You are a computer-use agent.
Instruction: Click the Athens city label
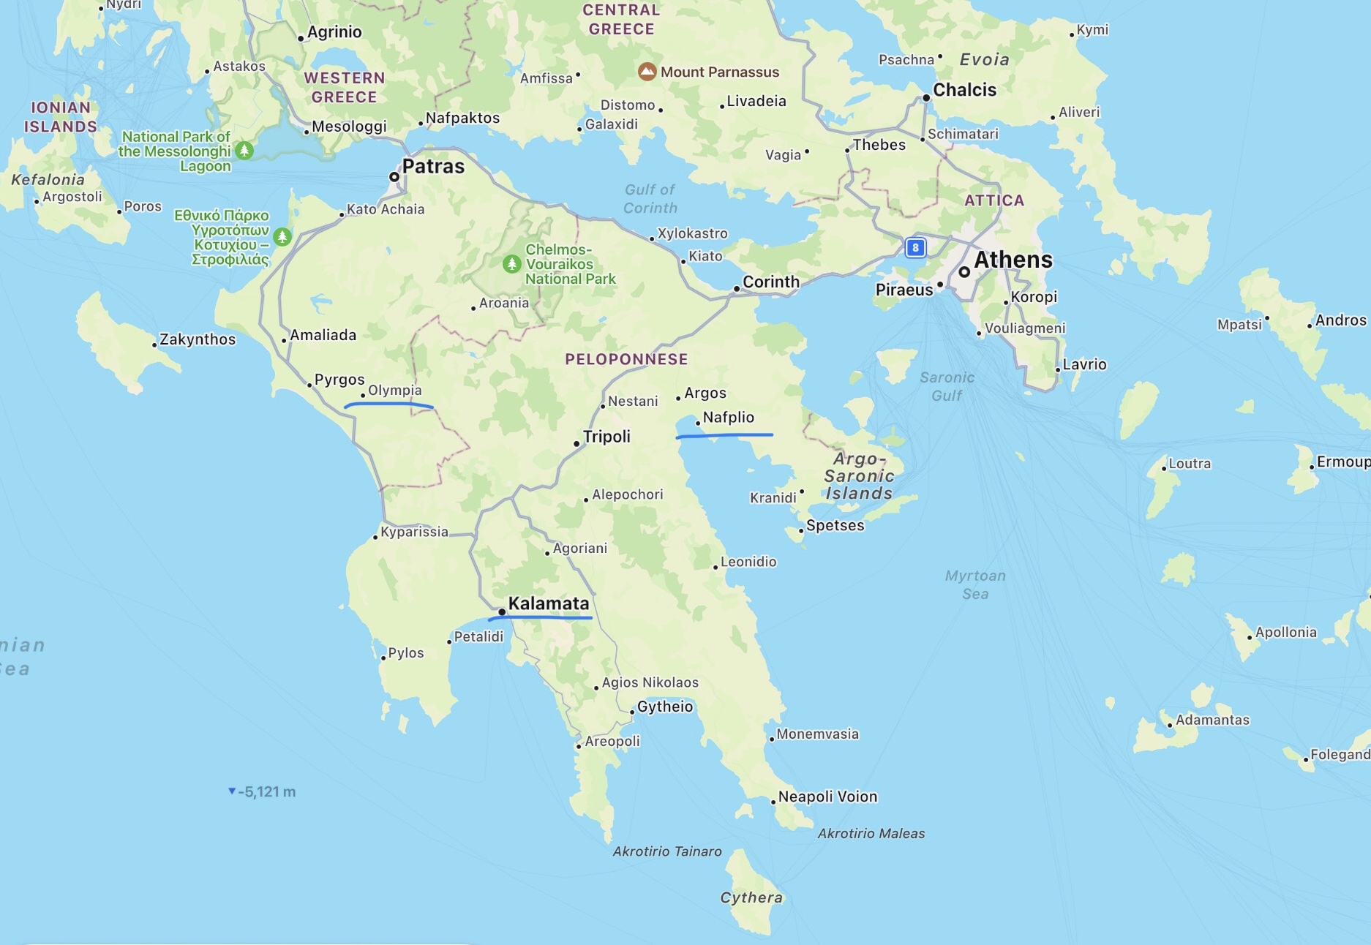tap(1013, 260)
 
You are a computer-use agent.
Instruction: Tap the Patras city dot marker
tap(394, 176)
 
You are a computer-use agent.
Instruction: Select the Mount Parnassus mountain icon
tap(647, 72)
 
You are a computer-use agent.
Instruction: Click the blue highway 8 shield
tap(915, 247)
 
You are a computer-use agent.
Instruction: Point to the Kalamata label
tap(548, 603)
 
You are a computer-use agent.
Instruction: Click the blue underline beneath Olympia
tap(388, 404)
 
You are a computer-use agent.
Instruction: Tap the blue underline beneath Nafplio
tap(724, 435)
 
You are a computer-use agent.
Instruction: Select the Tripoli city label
tap(606, 437)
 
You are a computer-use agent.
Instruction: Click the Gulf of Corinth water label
tap(650, 198)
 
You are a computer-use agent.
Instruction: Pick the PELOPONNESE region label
tap(626, 359)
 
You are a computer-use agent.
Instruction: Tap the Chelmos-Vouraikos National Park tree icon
tap(512, 263)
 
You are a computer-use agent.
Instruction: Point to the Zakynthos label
tap(198, 339)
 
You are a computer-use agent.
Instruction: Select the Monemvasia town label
tap(817, 734)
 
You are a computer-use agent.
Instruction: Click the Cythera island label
tap(751, 897)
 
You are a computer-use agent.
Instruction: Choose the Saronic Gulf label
tap(947, 386)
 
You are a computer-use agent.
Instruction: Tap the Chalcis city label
tap(964, 90)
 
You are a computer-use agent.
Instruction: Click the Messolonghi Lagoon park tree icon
tap(244, 151)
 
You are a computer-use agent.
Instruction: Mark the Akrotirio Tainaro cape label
tap(666, 851)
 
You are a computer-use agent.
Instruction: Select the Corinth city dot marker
tap(737, 289)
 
